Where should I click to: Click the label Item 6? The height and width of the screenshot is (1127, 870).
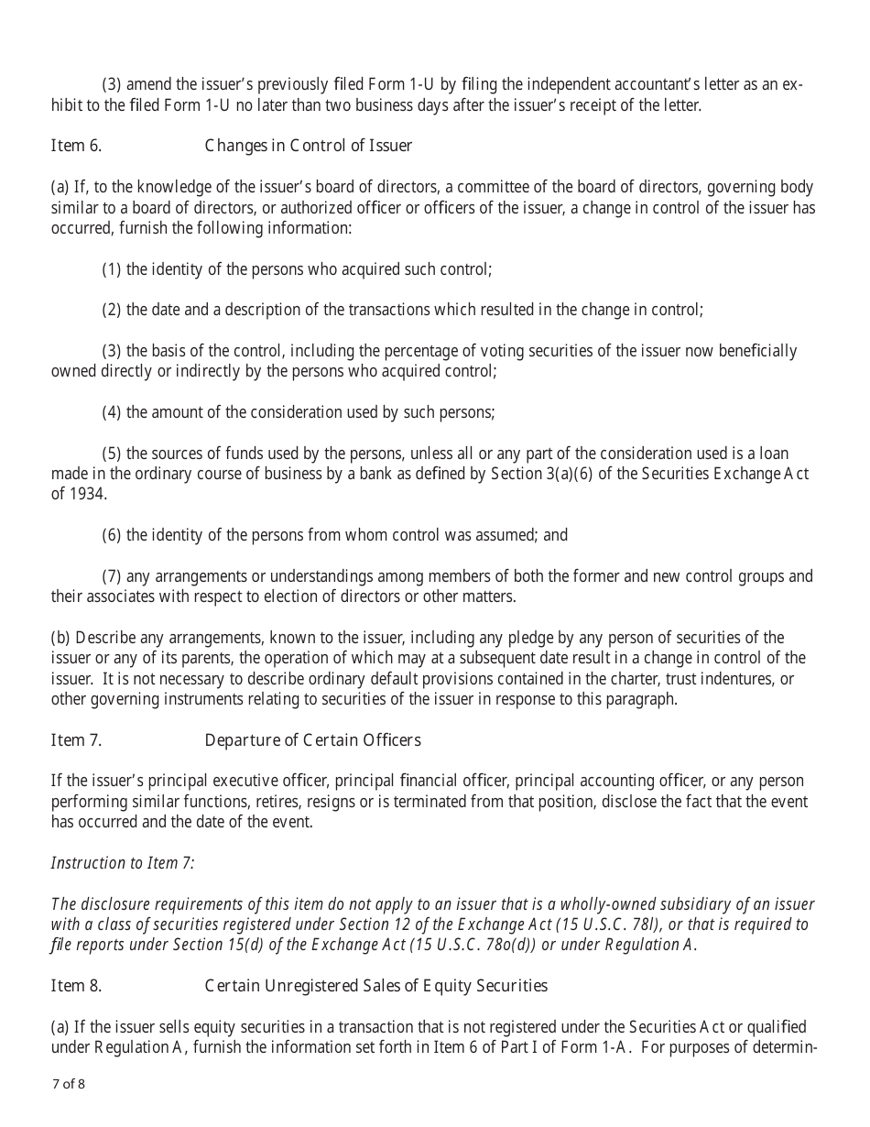[76, 146]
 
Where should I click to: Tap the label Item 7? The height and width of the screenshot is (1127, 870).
[76, 740]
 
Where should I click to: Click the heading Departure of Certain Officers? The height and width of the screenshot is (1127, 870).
[312, 740]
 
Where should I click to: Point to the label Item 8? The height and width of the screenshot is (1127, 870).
[76, 986]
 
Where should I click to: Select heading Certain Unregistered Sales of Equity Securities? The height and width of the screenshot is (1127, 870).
[375, 986]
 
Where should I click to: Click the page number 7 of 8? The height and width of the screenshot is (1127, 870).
[69, 1085]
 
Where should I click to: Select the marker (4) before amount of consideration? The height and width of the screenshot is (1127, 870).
[112, 412]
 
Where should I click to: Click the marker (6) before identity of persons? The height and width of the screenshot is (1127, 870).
[112, 535]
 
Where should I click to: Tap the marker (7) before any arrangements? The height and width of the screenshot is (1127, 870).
[112, 576]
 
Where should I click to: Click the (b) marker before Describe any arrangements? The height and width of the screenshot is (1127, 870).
[60, 638]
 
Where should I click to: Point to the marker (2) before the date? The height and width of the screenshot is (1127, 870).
[112, 310]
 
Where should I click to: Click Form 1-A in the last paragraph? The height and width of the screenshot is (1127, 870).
[598, 1047]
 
